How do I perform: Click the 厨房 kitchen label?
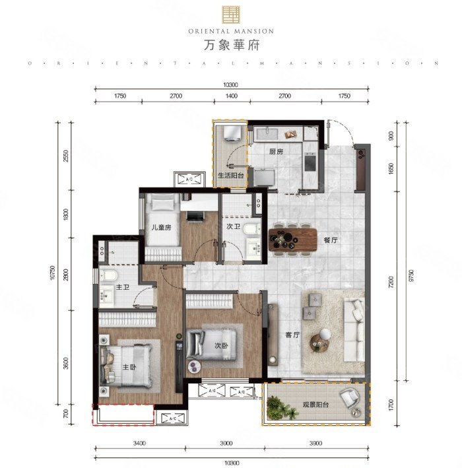276,151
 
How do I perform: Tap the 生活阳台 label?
230,176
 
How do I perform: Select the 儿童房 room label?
161,228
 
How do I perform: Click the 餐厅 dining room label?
331,240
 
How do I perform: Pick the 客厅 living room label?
292,335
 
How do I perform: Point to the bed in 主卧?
129,364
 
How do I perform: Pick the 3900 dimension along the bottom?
316,444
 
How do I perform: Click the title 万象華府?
230,46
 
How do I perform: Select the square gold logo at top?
230,14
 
